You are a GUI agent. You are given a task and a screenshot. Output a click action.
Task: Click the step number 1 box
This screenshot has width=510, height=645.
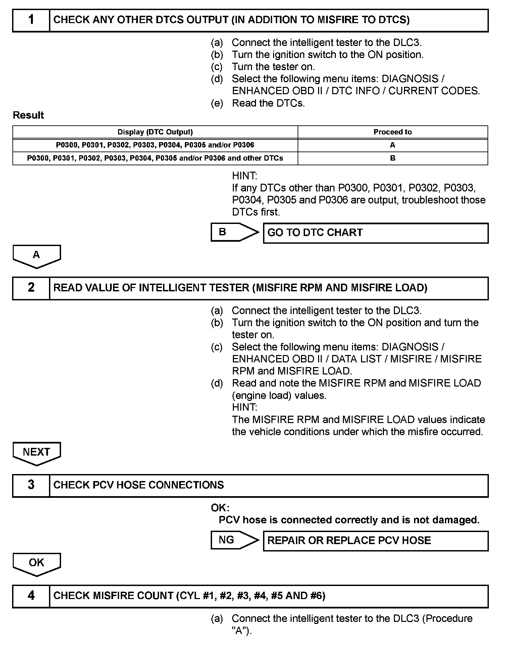click(x=31, y=20)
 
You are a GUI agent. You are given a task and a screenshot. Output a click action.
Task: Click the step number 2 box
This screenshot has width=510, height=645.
click(x=31, y=288)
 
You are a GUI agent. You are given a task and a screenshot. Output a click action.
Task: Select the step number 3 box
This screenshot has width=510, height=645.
click(x=31, y=485)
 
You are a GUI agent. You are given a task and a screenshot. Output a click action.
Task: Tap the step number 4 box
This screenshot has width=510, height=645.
click(x=31, y=596)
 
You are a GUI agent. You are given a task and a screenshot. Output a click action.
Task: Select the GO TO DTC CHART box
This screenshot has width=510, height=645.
click(x=375, y=233)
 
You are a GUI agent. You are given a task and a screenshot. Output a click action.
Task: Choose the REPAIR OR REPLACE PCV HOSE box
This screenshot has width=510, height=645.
click(x=375, y=541)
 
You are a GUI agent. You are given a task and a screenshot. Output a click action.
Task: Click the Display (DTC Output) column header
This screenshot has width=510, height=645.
click(x=155, y=132)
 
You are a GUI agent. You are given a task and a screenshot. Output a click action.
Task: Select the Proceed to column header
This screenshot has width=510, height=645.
click(x=393, y=132)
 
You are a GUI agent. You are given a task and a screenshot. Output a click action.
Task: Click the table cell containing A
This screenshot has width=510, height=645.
click(x=393, y=145)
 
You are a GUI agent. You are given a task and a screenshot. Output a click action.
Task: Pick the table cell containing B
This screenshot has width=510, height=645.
click(x=393, y=158)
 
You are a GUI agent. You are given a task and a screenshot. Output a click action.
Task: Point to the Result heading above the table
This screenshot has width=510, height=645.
click(x=28, y=115)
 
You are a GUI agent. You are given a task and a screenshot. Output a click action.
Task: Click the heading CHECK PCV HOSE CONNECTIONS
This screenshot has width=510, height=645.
click(x=139, y=485)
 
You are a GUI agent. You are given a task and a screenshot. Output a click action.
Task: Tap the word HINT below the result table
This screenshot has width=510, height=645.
click(x=244, y=176)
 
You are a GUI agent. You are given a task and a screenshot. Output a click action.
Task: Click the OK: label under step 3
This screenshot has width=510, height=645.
click(x=220, y=508)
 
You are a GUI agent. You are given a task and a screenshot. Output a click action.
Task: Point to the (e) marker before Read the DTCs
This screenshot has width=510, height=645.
click(x=217, y=103)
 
